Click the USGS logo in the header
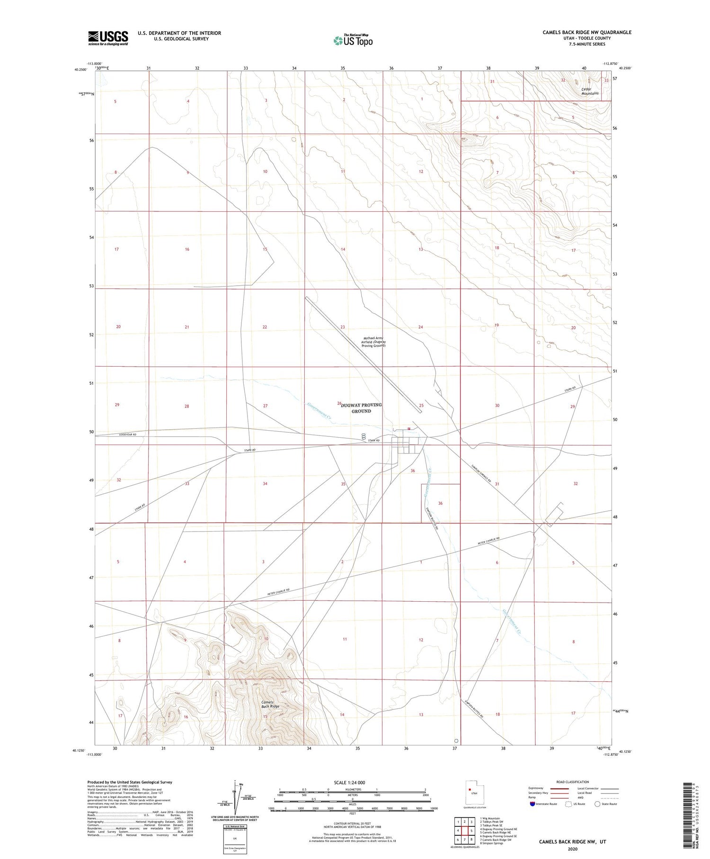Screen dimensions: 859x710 click(108, 38)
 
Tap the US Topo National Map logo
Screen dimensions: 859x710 click(353, 40)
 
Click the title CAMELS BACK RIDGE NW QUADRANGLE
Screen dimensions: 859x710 click(586, 32)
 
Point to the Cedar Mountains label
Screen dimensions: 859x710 click(589, 91)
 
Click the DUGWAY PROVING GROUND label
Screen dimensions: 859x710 click(361, 408)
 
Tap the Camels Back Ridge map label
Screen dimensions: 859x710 click(270, 704)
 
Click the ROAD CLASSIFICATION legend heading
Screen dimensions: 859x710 click(573, 782)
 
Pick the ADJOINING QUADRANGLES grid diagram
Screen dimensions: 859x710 click(464, 830)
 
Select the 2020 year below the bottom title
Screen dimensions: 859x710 click(572, 849)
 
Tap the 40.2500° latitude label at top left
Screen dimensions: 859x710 click(80, 70)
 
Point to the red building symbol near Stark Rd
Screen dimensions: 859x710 click(408, 429)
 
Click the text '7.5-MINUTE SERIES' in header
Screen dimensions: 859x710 click(587, 44)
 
